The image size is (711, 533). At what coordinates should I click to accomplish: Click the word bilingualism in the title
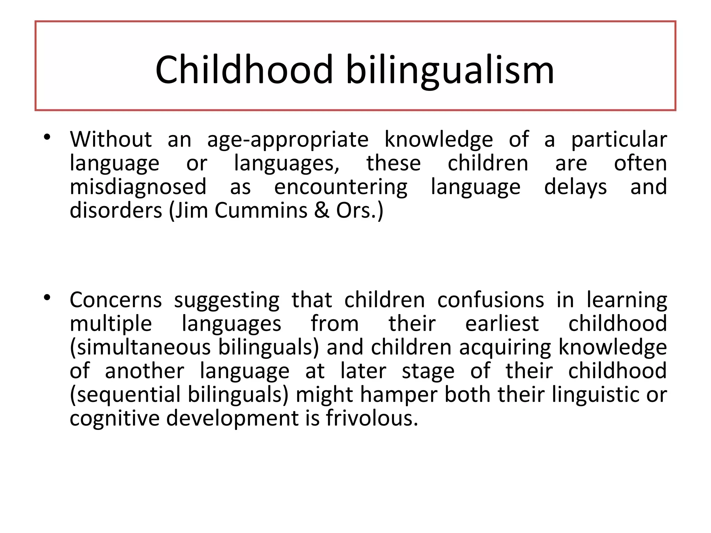point(450,70)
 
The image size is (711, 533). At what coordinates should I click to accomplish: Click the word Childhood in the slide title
point(244,70)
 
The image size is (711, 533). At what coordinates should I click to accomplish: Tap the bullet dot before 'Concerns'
point(47,297)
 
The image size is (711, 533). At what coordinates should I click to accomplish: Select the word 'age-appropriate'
point(288,140)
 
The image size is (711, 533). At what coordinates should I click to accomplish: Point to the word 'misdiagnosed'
point(138,187)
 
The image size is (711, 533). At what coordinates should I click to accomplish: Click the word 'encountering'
point(341,187)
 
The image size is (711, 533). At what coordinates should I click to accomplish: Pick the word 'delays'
point(575,187)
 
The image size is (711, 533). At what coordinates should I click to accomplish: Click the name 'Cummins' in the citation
point(261,210)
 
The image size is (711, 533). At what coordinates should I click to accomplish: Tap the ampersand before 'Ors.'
point(322,210)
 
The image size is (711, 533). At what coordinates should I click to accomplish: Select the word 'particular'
point(619,140)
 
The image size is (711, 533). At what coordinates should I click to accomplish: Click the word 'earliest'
point(502,324)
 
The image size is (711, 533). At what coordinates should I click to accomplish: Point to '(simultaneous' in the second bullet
point(140,347)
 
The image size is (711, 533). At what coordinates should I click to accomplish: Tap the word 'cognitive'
point(115,418)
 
